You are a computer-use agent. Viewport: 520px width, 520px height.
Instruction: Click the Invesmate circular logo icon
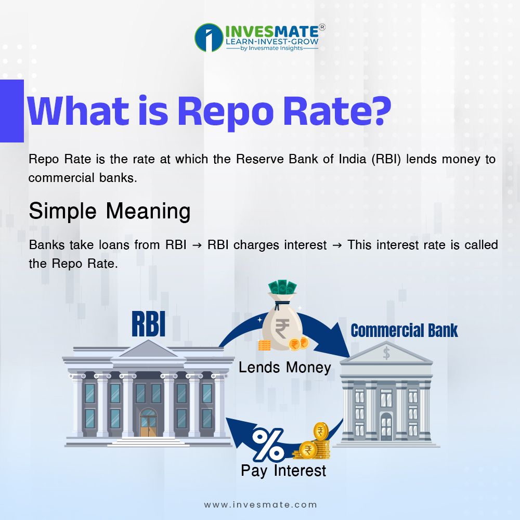coord(209,37)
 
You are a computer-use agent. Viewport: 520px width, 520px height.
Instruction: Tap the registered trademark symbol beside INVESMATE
coord(322,27)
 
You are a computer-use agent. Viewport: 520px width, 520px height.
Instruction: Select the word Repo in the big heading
coord(226,112)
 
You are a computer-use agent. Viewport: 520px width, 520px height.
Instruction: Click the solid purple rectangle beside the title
coord(12,111)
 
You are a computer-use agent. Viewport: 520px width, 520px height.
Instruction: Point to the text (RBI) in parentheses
coord(386,159)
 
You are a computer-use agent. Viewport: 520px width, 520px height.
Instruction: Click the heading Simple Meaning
coord(110,211)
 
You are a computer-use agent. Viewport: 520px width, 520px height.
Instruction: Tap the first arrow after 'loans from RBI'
coord(197,245)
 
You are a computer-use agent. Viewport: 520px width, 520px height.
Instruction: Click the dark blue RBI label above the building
coord(148,324)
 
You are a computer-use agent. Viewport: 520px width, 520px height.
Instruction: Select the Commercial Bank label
coord(404,331)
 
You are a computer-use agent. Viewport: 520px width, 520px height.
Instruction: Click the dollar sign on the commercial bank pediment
coord(386,353)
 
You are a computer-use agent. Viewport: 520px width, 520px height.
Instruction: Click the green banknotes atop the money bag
coord(282,287)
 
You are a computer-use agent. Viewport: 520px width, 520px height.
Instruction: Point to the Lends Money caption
coord(285,368)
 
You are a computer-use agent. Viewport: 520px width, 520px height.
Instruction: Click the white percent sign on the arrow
coord(268,445)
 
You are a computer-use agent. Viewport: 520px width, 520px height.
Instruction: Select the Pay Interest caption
coord(283,471)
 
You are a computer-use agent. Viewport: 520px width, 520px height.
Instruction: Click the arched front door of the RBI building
coord(148,422)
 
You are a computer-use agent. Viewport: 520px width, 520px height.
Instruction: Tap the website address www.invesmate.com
coord(261,505)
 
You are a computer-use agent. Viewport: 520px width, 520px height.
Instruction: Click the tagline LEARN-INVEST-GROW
coord(272,42)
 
